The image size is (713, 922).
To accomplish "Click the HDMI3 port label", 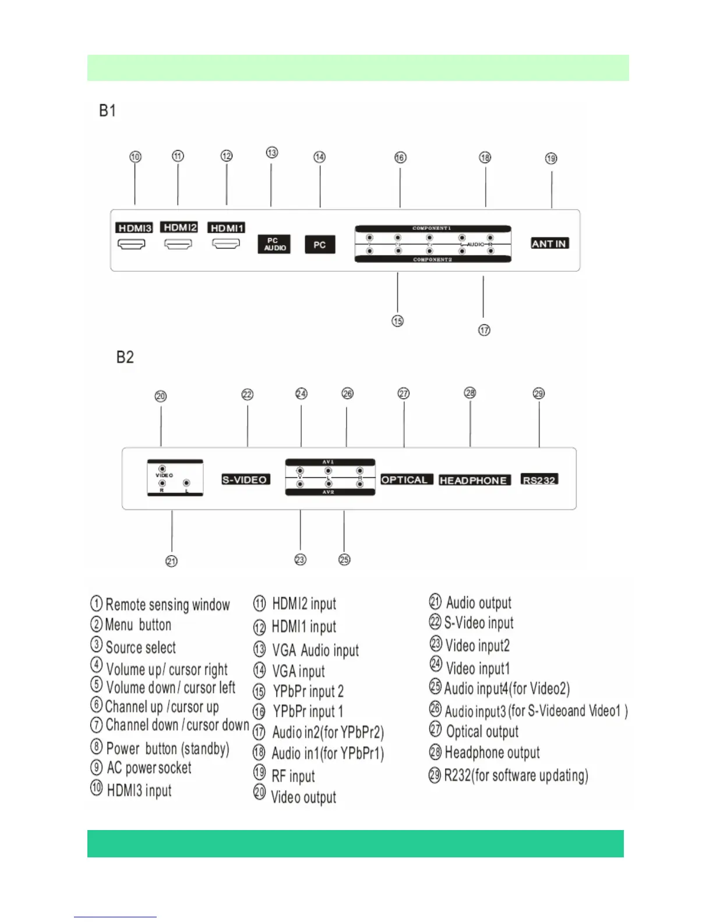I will [134, 228].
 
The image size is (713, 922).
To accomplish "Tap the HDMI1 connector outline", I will [226, 244].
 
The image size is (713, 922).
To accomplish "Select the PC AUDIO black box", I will [274, 244].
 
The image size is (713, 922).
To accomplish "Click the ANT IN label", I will [549, 243].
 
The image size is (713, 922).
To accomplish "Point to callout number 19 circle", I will [551, 158].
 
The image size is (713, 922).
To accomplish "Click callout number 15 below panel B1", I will [397, 321].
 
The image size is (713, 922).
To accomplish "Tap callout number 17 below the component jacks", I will [484, 330].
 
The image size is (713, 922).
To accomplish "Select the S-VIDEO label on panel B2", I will [245, 480].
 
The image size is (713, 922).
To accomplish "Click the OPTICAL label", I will [404, 480].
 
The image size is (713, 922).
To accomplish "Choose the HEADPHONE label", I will [474, 480].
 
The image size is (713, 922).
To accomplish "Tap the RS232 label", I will [539, 480].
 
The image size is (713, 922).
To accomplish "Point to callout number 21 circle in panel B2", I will [171, 561].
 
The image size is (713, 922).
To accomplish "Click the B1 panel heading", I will [108, 111].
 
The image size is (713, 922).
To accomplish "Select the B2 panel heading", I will [125, 357].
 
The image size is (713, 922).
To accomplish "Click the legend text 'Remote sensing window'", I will [168, 605].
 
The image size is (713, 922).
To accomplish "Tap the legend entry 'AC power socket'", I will [149, 768].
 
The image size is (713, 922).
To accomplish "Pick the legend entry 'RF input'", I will [293, 776].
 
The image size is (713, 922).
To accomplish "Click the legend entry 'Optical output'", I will [482, 732].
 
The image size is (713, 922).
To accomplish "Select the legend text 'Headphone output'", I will [492, 753].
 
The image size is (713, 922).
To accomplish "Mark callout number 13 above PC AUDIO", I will [272, 153].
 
